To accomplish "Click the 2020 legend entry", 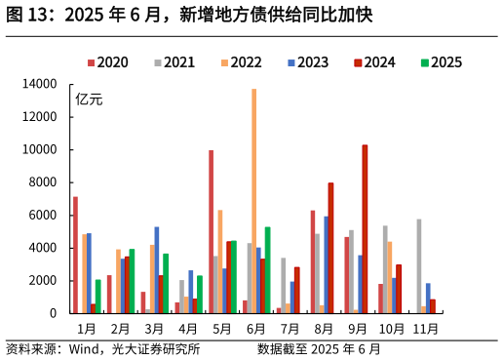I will click(108, 62).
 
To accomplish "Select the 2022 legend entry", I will click(242, 62).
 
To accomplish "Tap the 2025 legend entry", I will click(442, 62).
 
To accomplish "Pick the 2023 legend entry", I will click(308, 62).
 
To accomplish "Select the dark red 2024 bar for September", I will click(365, 229).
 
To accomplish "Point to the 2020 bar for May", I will click(211, 231).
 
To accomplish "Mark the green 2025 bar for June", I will click(267, 270).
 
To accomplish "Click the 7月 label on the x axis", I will click(290, 330).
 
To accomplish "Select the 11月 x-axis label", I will click(426, 330).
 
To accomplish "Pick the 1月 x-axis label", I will click(86, 330).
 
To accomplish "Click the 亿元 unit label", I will click(89, 99).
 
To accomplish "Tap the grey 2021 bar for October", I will click(385, 269).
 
